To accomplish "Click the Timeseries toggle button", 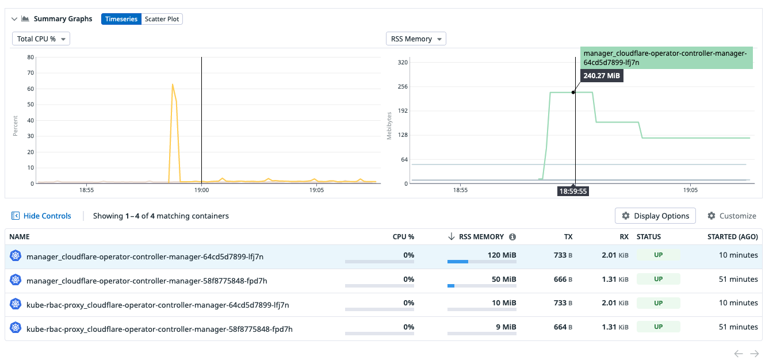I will [121, 19].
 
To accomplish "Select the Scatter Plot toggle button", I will [162, 19].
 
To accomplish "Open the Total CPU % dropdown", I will [41, 39].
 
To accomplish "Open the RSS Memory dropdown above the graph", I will [416, 39].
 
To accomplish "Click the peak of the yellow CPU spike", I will [172, 85].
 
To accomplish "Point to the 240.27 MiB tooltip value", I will [601, 75].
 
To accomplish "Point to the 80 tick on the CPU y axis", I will [30, 58].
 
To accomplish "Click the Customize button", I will [732, 216].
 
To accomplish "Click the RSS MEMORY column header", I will [481, 237].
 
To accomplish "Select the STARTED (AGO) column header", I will [732, 237].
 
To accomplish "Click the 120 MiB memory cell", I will [502, 255].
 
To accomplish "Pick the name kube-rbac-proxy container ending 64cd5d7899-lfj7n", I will [158, 305].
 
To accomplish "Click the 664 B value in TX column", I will [563, 327].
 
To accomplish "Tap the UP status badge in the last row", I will [658, 327].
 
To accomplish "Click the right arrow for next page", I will [755, 354].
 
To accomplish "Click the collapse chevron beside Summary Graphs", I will [14, 19].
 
